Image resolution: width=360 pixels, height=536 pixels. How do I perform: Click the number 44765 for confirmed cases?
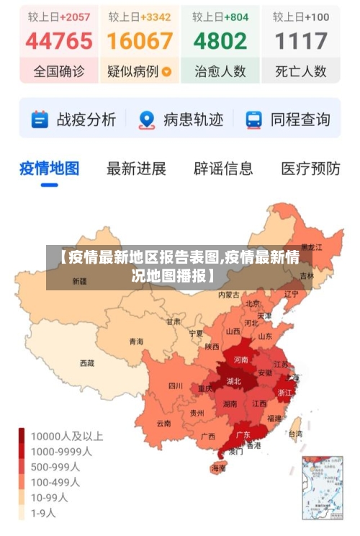pyautogui.click(x=59, y=41)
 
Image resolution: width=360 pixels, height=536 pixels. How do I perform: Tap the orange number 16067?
pyautogui.click(x=140, y=41)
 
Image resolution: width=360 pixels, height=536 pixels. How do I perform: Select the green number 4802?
pyautogui.click(x=220, y=41)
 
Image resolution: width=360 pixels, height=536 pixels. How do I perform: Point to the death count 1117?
pyautogui.click(x=301, y=41)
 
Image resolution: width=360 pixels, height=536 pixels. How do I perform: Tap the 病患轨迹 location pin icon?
pyautogui.click(x=147, y=120)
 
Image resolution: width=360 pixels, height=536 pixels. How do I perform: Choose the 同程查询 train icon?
pyautogui.click(x=253, y=120)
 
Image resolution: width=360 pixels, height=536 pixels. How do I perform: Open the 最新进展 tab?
pyautogui.click(x=136, y=169)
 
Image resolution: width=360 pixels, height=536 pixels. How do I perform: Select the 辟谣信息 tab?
pyautogui.click(x=223, y=169)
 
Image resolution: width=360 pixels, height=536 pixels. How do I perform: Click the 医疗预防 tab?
pyautogui.click(x=310, y=169)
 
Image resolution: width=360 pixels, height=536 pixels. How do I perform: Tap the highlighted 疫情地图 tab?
pyautogui.click(x=49, y=169)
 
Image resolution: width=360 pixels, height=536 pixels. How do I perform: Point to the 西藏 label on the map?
pyautogui.click(x=87, y=363)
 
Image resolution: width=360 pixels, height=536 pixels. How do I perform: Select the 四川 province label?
pyautogui.click(x=176, y=385)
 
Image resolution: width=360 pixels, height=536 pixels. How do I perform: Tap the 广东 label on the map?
pyautogui.click(x=243, y=434)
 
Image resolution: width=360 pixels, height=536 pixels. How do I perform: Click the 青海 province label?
pyautogui.click(x=136, y=341)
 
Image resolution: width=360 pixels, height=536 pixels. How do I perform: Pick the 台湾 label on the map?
pyautogui.click(x=295, y=434)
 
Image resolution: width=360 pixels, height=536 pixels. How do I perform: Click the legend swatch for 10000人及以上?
pyautogui.click(x=22, y=436)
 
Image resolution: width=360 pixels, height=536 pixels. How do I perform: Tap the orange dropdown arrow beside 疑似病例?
pyautogui.click(x=167, y=71)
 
